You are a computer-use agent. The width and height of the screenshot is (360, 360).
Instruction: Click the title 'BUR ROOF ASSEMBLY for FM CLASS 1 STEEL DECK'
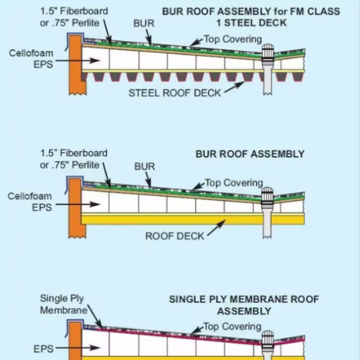251,17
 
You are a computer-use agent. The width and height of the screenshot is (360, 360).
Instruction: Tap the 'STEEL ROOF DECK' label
175,93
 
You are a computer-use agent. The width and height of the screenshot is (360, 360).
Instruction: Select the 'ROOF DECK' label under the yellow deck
175,236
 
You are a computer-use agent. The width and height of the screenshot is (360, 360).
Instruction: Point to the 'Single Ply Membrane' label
64,305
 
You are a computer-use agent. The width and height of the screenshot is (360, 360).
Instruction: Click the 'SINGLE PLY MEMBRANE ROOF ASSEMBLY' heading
244,305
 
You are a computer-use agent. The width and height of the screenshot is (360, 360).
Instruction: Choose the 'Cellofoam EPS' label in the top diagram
31,59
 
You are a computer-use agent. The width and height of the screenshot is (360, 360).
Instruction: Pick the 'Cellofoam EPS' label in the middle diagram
30,202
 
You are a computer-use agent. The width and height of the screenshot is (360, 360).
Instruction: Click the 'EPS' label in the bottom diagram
43,349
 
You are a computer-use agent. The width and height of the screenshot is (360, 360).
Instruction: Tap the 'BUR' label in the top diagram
144,23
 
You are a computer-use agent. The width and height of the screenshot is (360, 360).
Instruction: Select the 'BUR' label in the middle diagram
145,166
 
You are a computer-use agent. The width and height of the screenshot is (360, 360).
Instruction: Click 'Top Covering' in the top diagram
233,40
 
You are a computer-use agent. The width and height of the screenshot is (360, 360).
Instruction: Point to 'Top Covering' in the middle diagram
234,183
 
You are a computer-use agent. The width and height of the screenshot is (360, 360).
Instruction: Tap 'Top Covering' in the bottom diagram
233,327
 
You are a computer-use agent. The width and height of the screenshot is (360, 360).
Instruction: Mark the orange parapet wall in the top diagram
76,65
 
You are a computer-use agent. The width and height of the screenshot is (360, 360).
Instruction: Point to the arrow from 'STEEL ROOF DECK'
235,87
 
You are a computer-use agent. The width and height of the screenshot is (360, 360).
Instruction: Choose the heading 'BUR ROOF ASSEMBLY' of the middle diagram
250,154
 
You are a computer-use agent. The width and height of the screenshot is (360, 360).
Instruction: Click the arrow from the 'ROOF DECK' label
217,228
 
